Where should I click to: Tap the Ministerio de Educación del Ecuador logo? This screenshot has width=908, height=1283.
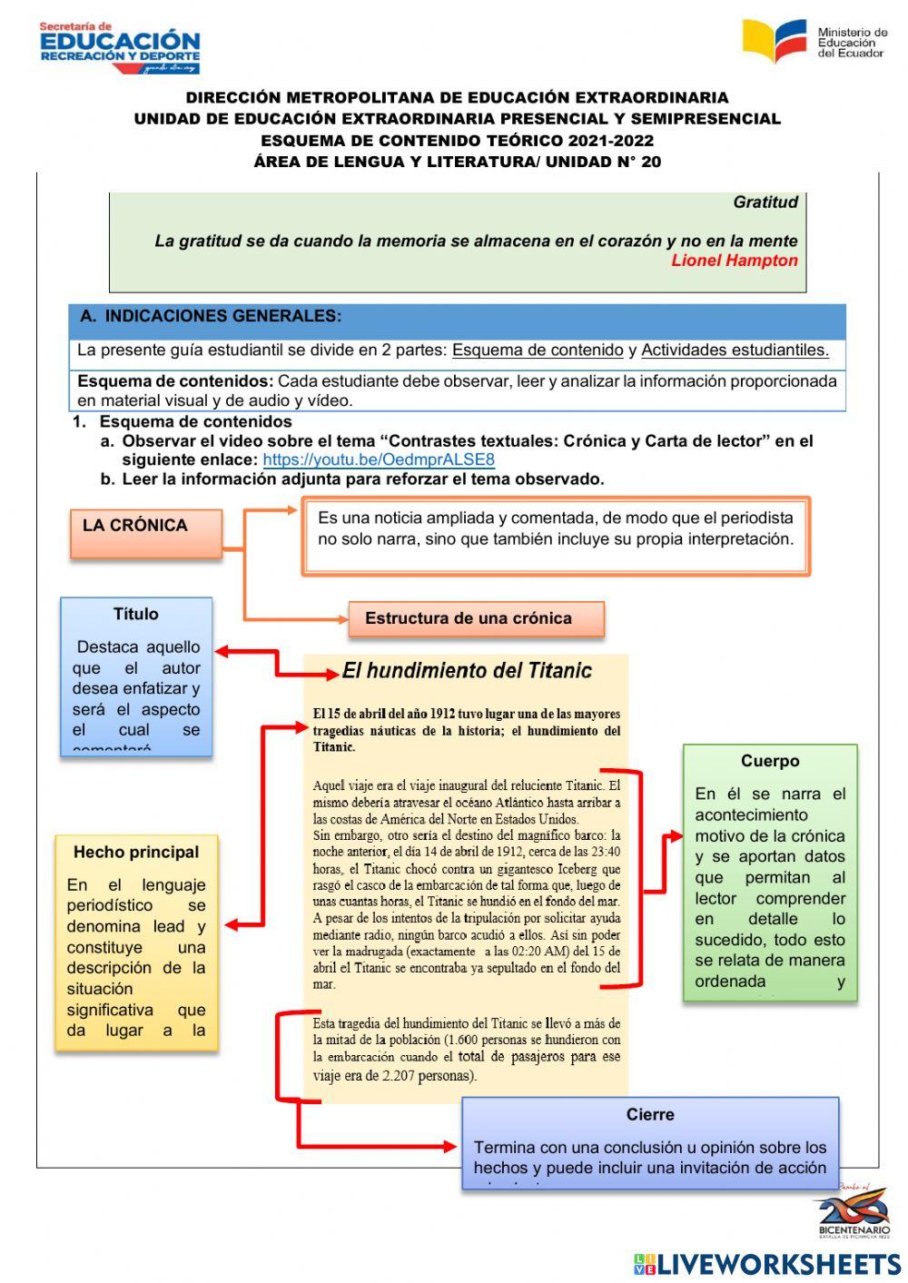coord(814,42)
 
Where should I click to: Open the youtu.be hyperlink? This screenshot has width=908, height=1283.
coord(379,459)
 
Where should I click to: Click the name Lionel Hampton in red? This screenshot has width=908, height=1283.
coord(734,261)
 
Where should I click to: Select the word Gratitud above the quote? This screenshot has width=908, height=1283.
coord(765,202)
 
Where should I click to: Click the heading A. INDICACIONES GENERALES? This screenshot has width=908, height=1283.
coord(211,316)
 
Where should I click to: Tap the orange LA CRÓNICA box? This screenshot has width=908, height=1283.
coord(145,532)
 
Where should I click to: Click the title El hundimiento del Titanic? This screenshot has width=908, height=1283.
coord(467,671)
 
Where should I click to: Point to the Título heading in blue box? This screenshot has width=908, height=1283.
coord(135,615)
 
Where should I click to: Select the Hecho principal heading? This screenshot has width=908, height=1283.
coord(136,852)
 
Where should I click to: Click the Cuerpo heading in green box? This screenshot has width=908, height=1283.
coord(769,761)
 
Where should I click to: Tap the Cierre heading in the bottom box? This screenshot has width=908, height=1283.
coord(649,1114)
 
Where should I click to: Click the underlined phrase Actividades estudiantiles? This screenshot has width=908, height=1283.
coord(735,350)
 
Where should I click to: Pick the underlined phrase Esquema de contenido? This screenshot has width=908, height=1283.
coord(538,350)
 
